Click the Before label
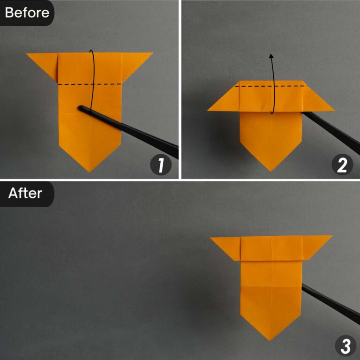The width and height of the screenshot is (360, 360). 27,12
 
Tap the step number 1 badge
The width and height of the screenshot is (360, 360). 160,165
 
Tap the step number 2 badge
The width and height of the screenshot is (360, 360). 341,165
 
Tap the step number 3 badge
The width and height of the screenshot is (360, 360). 345,346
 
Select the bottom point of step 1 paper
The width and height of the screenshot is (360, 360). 90,171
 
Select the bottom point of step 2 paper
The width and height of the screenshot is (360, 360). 271,170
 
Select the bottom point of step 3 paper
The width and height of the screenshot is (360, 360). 271,339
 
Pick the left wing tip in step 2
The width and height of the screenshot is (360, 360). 210,110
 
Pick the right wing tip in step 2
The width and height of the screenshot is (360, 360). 333,110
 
